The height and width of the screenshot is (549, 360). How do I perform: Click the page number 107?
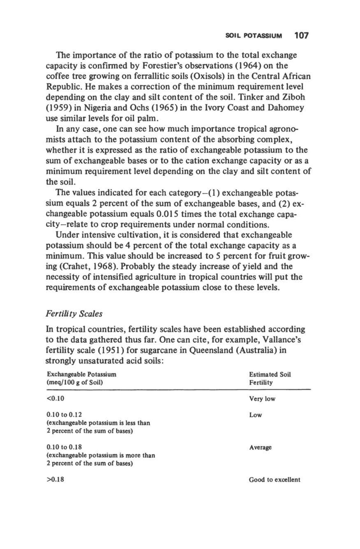tap(301, 35)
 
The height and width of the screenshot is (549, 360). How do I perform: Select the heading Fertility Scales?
tap(74, 314)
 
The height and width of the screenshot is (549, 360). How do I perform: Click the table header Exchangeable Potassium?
tap(82, 375)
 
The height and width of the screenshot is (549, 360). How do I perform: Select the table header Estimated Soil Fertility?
tap(270, 379)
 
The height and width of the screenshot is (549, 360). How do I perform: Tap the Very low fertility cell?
tap(262, 399)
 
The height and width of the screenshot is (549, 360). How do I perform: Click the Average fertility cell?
tap(260, 447)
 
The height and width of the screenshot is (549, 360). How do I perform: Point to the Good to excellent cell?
tap(274, 480)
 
